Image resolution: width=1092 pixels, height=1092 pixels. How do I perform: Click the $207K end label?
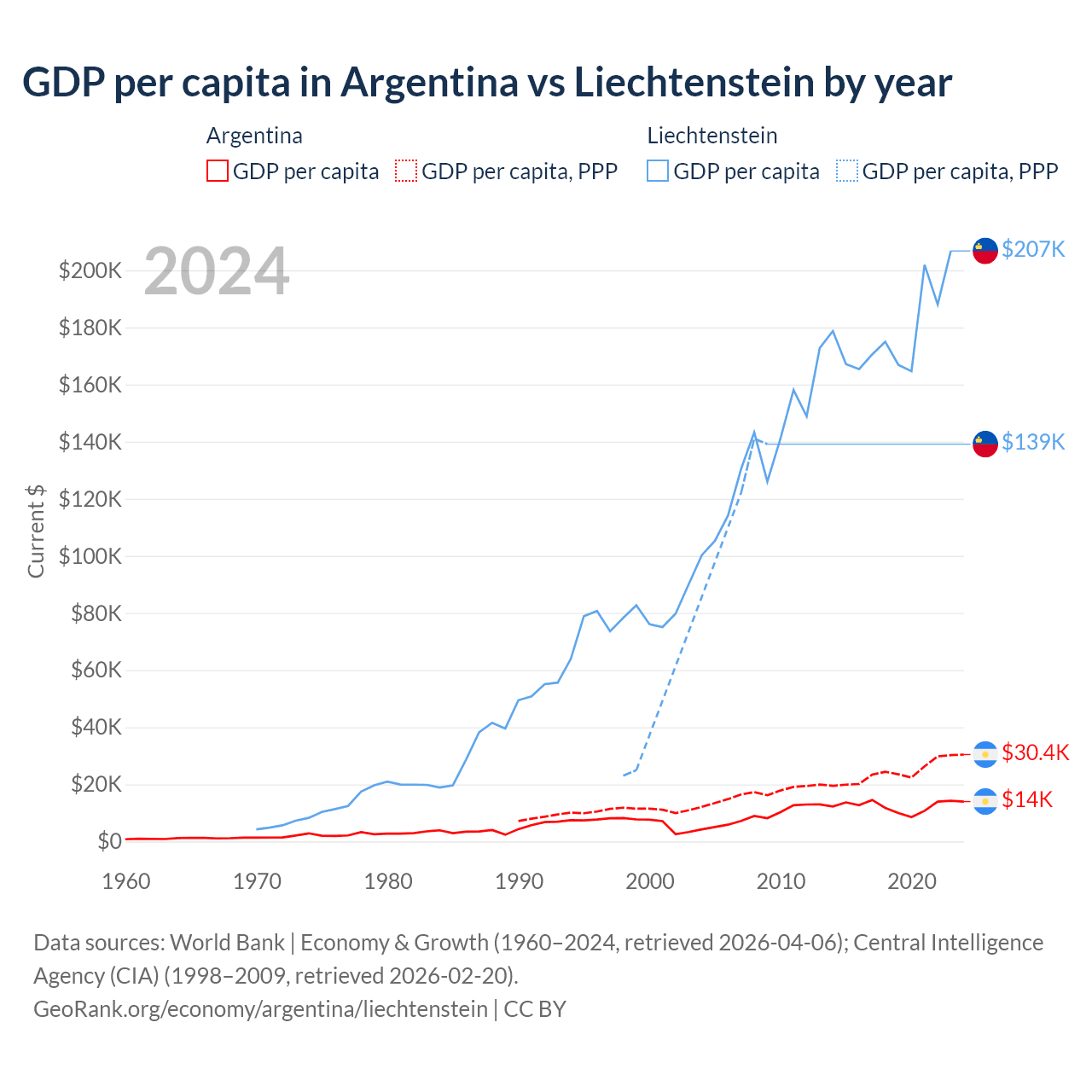click(1033, 249)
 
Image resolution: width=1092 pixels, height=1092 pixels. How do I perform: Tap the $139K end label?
click(1033, 442)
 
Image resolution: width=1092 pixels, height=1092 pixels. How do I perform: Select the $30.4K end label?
click(1035, 752)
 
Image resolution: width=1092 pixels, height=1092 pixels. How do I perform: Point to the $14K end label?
click(1027, 799)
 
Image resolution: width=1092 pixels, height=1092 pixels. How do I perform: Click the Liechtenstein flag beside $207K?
click(985, 251)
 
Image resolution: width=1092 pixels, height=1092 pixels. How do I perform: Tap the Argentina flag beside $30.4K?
click(985, 754)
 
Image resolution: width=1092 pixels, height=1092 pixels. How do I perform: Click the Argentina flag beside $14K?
click(985, 801)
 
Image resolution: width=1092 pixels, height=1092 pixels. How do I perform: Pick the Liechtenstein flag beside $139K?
click(985, 444)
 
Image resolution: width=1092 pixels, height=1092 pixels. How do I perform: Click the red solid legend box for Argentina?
click(218, 171)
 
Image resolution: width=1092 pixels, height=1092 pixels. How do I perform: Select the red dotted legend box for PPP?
click(406, 171)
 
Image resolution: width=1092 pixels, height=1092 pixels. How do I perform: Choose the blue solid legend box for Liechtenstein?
click(658, 171)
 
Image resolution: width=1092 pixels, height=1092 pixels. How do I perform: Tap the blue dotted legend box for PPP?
click(847, 171)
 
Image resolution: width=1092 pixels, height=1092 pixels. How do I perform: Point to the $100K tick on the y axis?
click(90, 556)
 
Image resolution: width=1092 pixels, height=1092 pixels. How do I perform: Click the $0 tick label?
click(109, 841)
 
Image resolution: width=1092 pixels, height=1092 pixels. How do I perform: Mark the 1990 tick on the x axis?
click(519, 881)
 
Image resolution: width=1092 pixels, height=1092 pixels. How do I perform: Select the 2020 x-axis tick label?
click(912, 881)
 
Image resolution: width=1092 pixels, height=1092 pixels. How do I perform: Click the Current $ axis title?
click(36, 531)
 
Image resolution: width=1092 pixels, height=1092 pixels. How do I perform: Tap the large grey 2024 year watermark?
click(217, 272)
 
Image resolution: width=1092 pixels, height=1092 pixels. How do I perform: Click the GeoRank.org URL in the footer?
click(260, 1009)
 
